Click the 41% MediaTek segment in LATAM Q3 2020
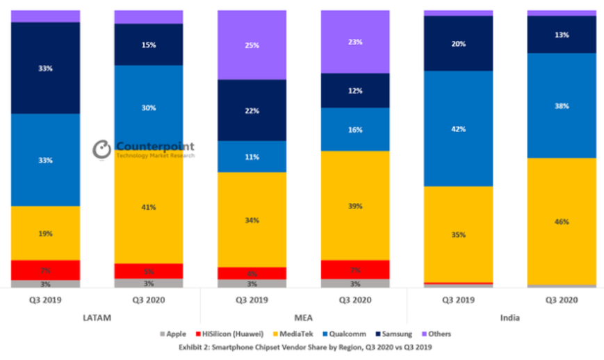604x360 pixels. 149,207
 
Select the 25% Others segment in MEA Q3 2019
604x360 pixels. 252,45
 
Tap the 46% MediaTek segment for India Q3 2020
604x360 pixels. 562,222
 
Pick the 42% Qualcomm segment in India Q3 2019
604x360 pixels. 458,129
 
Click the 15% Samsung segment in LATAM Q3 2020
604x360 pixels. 149,44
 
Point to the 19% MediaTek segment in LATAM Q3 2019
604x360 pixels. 46,234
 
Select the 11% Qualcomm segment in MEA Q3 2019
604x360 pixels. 252,157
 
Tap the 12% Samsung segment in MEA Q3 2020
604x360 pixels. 355,90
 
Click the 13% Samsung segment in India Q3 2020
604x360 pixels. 562,35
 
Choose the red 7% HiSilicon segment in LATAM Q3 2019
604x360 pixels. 46,270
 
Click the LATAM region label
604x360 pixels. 97,318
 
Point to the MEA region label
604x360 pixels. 303,318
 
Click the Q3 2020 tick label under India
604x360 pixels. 562,300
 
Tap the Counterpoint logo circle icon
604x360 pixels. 102,149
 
